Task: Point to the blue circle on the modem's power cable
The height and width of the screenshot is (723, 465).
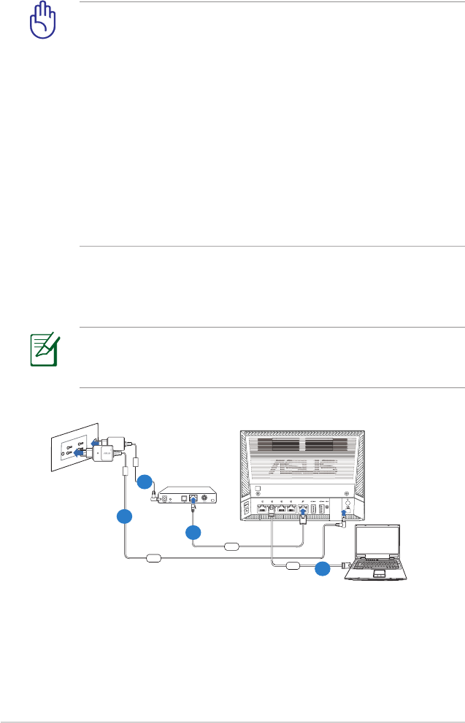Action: [145, 482]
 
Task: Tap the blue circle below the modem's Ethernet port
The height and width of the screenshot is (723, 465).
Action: [193, 533]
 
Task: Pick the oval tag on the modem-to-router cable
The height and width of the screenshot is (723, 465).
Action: [232, 546]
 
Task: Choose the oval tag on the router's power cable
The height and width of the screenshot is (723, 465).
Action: [155, 559]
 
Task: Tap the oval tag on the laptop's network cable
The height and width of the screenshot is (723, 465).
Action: [293, 564]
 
